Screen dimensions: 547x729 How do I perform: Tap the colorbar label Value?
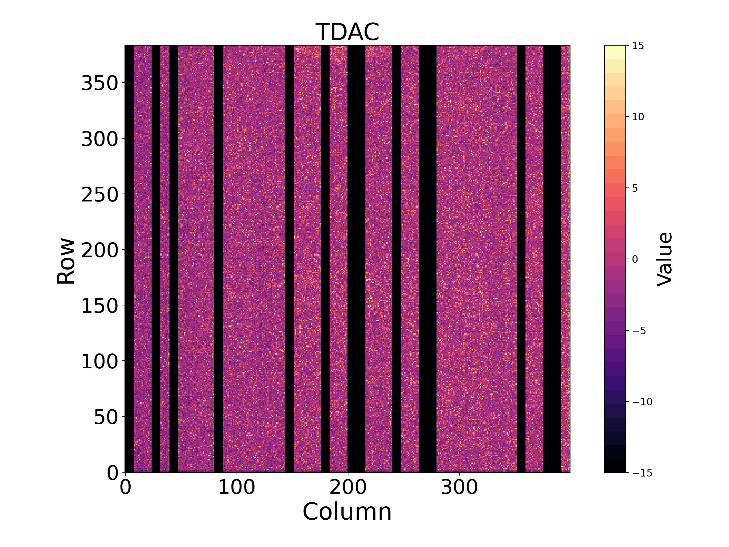(x=664, y=259)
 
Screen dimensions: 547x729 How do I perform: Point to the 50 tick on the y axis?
(x=105, y=417)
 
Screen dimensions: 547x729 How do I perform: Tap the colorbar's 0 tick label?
(x=635, y=259)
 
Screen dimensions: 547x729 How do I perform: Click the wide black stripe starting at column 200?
(x=357, y=259)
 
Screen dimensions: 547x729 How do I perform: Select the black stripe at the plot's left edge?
(x=129, y=259)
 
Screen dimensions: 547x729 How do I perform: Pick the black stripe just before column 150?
(x=290, y=259)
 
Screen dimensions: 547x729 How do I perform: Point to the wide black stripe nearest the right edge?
(x=552, y=259)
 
